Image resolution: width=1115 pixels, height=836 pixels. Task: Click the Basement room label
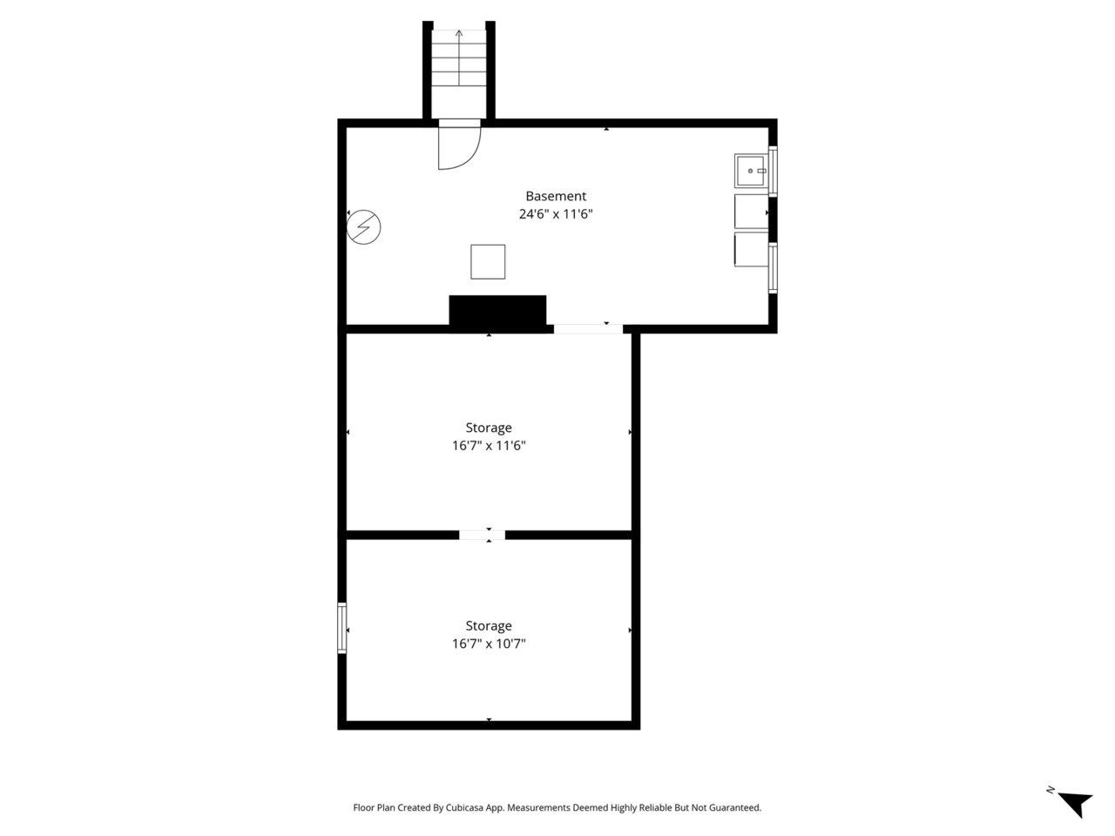pyautogui.click(x=555, y=197)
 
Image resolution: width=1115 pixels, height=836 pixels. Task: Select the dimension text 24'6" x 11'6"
pyautogui.click(x=555, y=214)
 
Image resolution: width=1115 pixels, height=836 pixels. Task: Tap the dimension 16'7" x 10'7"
pyautogui.click(x=488, y=644)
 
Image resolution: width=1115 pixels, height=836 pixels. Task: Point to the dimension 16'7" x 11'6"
pyautogui.click(x=488, y=446)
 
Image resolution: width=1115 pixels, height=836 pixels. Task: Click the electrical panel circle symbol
pyautogui.click(x=364, y=228)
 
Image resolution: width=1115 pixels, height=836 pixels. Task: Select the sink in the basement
pyautogui.click(x=751, y=171)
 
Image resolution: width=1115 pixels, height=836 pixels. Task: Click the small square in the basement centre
pyautogui.click(x=488, y=262)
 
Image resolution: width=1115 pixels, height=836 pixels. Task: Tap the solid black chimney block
pyautogui.click(x=497, y=313)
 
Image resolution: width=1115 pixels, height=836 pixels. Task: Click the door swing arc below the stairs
pyautogui.click(x=459, y=147)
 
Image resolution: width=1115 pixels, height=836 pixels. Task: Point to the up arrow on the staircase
pyautogui.click(x=459, y=39)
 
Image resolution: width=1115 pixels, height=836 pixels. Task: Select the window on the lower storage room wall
pyautogui.click(x=342, y=627)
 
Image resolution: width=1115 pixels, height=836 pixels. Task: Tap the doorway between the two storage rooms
pyautogui.click(x=482, y=535)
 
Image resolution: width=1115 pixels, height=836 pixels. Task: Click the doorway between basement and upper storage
pyautogui.click(x=588, y=328)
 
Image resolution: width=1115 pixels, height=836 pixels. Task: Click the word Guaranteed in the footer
pyautogui.click(x=737, y=808)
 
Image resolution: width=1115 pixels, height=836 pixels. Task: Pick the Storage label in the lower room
pyautogui.click(x=488, y=626)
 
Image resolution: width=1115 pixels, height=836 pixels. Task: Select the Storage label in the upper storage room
pyautogui.click(x=488, y=428)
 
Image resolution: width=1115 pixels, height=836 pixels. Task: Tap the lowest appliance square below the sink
pyautogui.click(x=751, y=250)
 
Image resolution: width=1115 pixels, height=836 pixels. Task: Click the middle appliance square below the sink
pyautogui.click(x=751, y=212)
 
